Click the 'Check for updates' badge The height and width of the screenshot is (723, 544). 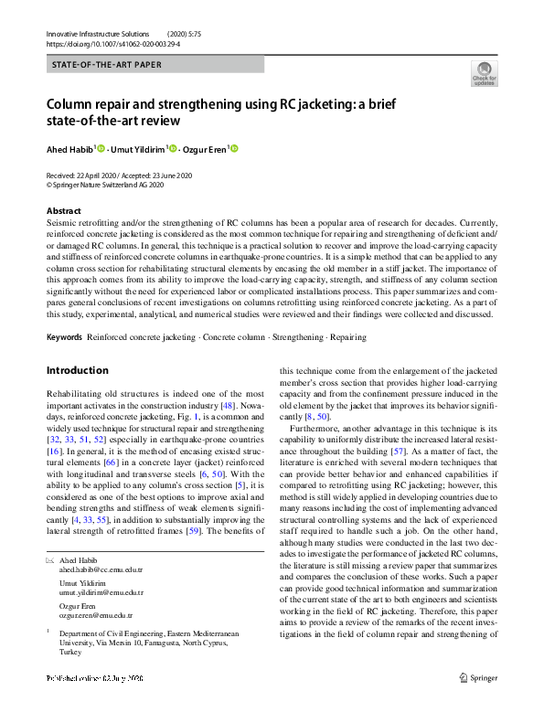484,73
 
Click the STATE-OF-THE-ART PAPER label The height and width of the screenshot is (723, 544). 108,66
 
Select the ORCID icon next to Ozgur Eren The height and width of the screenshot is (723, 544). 234,149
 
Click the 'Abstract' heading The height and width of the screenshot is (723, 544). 63,211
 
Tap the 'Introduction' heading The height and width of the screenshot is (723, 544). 77,370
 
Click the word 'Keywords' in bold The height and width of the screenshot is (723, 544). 64,337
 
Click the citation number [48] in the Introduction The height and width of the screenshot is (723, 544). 229,404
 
